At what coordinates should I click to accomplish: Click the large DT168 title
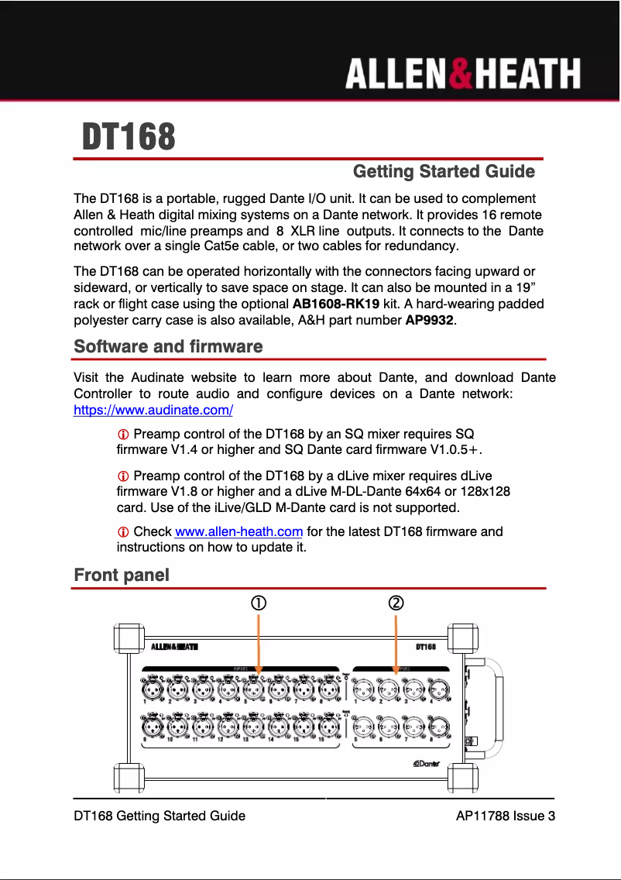click(x=129, y=138)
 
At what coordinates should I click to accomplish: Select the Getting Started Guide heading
click(x=444, y=171)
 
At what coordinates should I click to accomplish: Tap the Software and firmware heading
click(x=168, y=346)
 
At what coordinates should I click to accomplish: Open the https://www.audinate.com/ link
click(x=153, y=411)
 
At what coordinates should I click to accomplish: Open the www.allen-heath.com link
click(x=238, y=531)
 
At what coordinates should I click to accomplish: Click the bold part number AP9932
click(x=430, y=320)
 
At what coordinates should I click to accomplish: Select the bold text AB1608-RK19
click(x=336, y=304)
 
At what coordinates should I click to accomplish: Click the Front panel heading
click(x=122, y=575)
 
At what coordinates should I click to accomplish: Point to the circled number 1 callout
click(x=258, y=603)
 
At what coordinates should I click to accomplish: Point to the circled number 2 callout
click(x=396, y=603)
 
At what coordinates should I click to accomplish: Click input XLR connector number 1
click(x=150, y=688)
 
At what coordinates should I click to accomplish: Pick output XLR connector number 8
click(x=437, y=727)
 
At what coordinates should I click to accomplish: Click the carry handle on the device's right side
click(x=492, y=705)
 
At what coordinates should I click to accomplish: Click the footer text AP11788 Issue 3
click(x=506, y=816)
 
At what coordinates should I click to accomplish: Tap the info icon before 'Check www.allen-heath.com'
click(x=122, y=532)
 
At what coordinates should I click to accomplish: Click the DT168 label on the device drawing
click(x=426, y=646)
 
